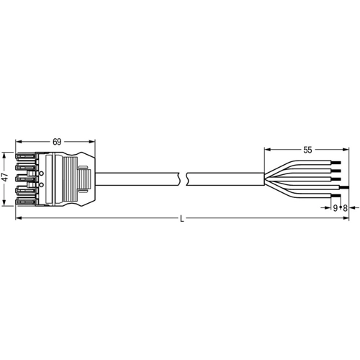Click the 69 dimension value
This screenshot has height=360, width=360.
57,142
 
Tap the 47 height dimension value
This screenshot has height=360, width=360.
5,177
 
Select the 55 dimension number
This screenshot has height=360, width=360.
307,150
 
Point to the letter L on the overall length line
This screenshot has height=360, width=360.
182,219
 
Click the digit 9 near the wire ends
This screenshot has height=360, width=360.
336,208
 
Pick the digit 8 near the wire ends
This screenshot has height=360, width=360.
345,208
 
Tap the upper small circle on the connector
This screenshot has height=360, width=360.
42,173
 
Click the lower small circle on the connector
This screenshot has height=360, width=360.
42,184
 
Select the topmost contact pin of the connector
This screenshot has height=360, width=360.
25,157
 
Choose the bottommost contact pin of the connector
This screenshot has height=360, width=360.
25,202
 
